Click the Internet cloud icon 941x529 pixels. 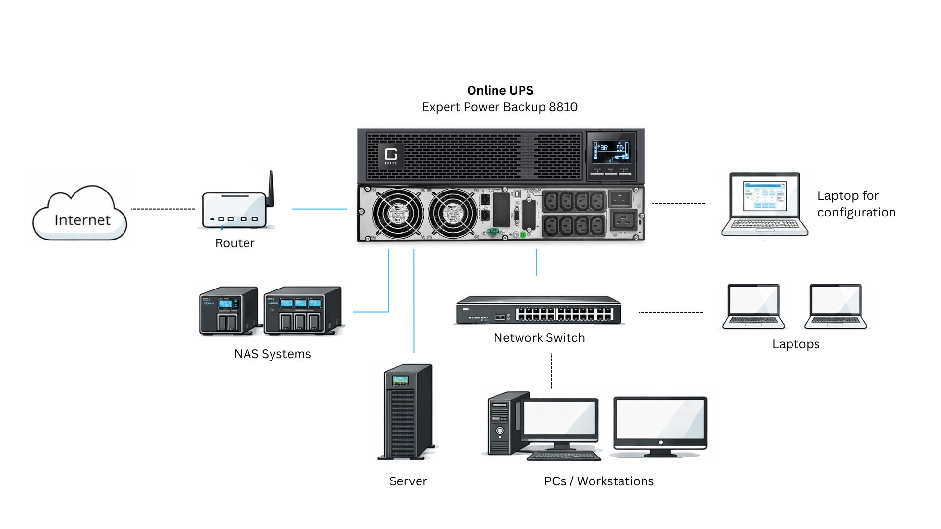(x=80, y=214)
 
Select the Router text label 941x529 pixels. (x=235, y=243)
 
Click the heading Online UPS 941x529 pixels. (x=500, y=90)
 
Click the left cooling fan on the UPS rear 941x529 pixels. (x=397, y=214)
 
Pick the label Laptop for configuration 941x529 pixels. (x=856, y=204)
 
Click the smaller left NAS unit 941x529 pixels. (x=228, y=311)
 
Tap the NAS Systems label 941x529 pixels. (x=272, y=354)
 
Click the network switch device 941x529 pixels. (x=539, y=311)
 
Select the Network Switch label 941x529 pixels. (x=539, y=338)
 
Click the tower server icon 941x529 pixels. (x=407, y=411)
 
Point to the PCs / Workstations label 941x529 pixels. (x=599, y=481)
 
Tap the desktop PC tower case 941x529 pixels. (x=502, y=424)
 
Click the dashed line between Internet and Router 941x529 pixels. (x=163, y=209)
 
